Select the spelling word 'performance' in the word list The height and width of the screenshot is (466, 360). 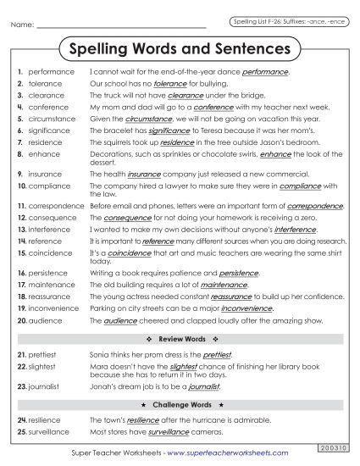[x=51, y=73]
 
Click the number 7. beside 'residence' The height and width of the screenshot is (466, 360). [x=20, y=145]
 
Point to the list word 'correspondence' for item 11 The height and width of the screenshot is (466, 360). [x=57, y=206]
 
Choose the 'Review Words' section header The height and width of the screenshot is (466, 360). [x=180, y=338]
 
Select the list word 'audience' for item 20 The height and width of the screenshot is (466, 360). [x=46, y=321]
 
